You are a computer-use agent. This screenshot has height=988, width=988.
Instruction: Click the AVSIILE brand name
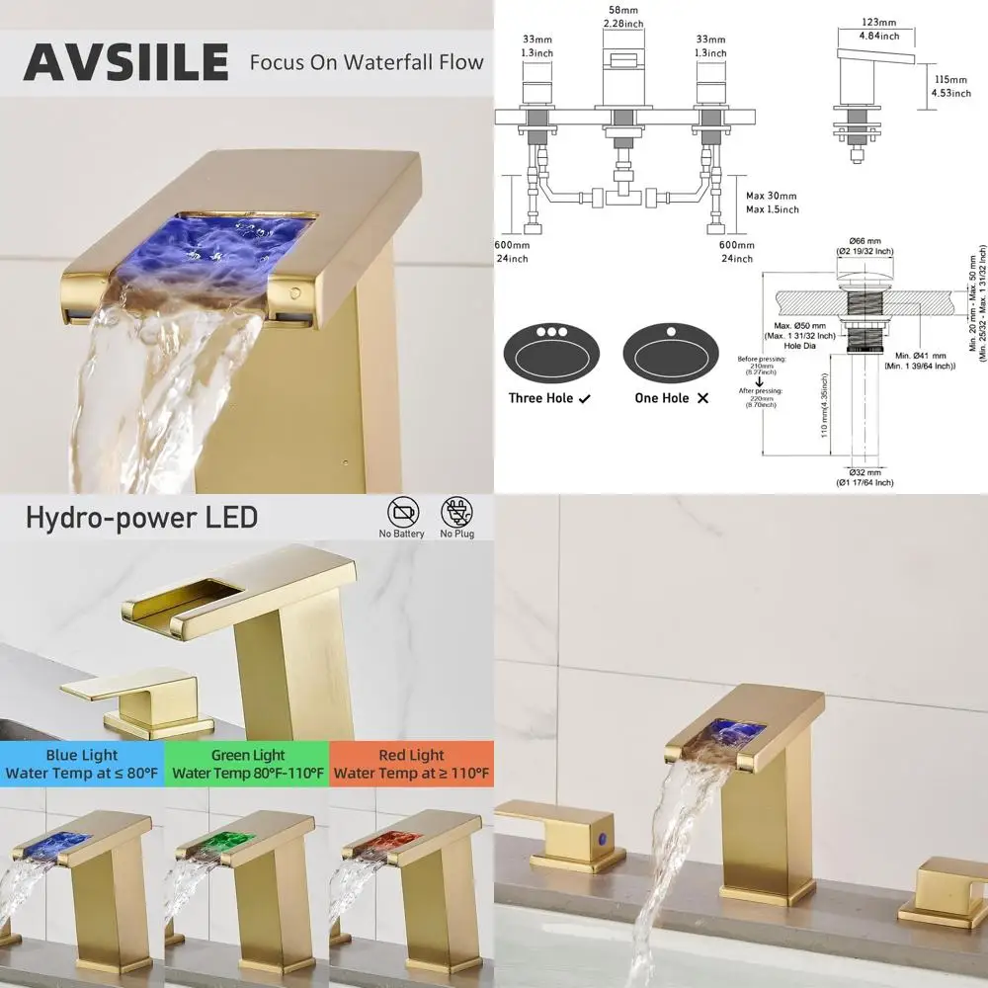point(125,62)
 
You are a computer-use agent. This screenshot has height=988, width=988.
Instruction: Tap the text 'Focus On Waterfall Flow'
point(367,62)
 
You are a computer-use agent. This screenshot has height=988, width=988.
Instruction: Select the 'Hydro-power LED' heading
point(141,517)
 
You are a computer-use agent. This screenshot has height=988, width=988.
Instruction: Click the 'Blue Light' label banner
point(82,764)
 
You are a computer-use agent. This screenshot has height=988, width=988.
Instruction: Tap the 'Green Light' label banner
point(247,764)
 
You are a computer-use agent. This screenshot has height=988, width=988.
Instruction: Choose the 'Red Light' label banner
point(412,764)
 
